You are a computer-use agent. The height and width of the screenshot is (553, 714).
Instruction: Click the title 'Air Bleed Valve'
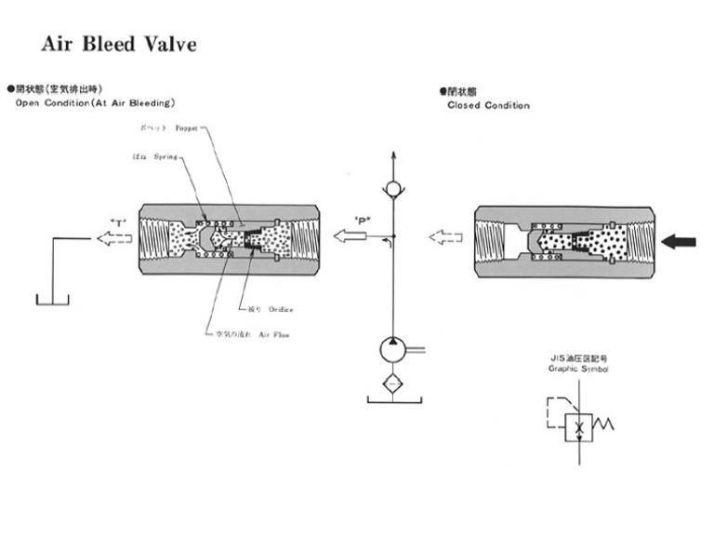click(x=119, y=45)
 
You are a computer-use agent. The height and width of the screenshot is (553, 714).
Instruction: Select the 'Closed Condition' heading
click(x=488, y=105)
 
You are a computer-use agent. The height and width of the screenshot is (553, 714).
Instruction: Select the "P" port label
click(x=363, y=221)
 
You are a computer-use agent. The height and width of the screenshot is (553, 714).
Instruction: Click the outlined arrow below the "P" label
click(x=350, y=238)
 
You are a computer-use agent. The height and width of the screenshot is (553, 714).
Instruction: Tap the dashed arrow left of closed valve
click(x=445, y=237)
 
